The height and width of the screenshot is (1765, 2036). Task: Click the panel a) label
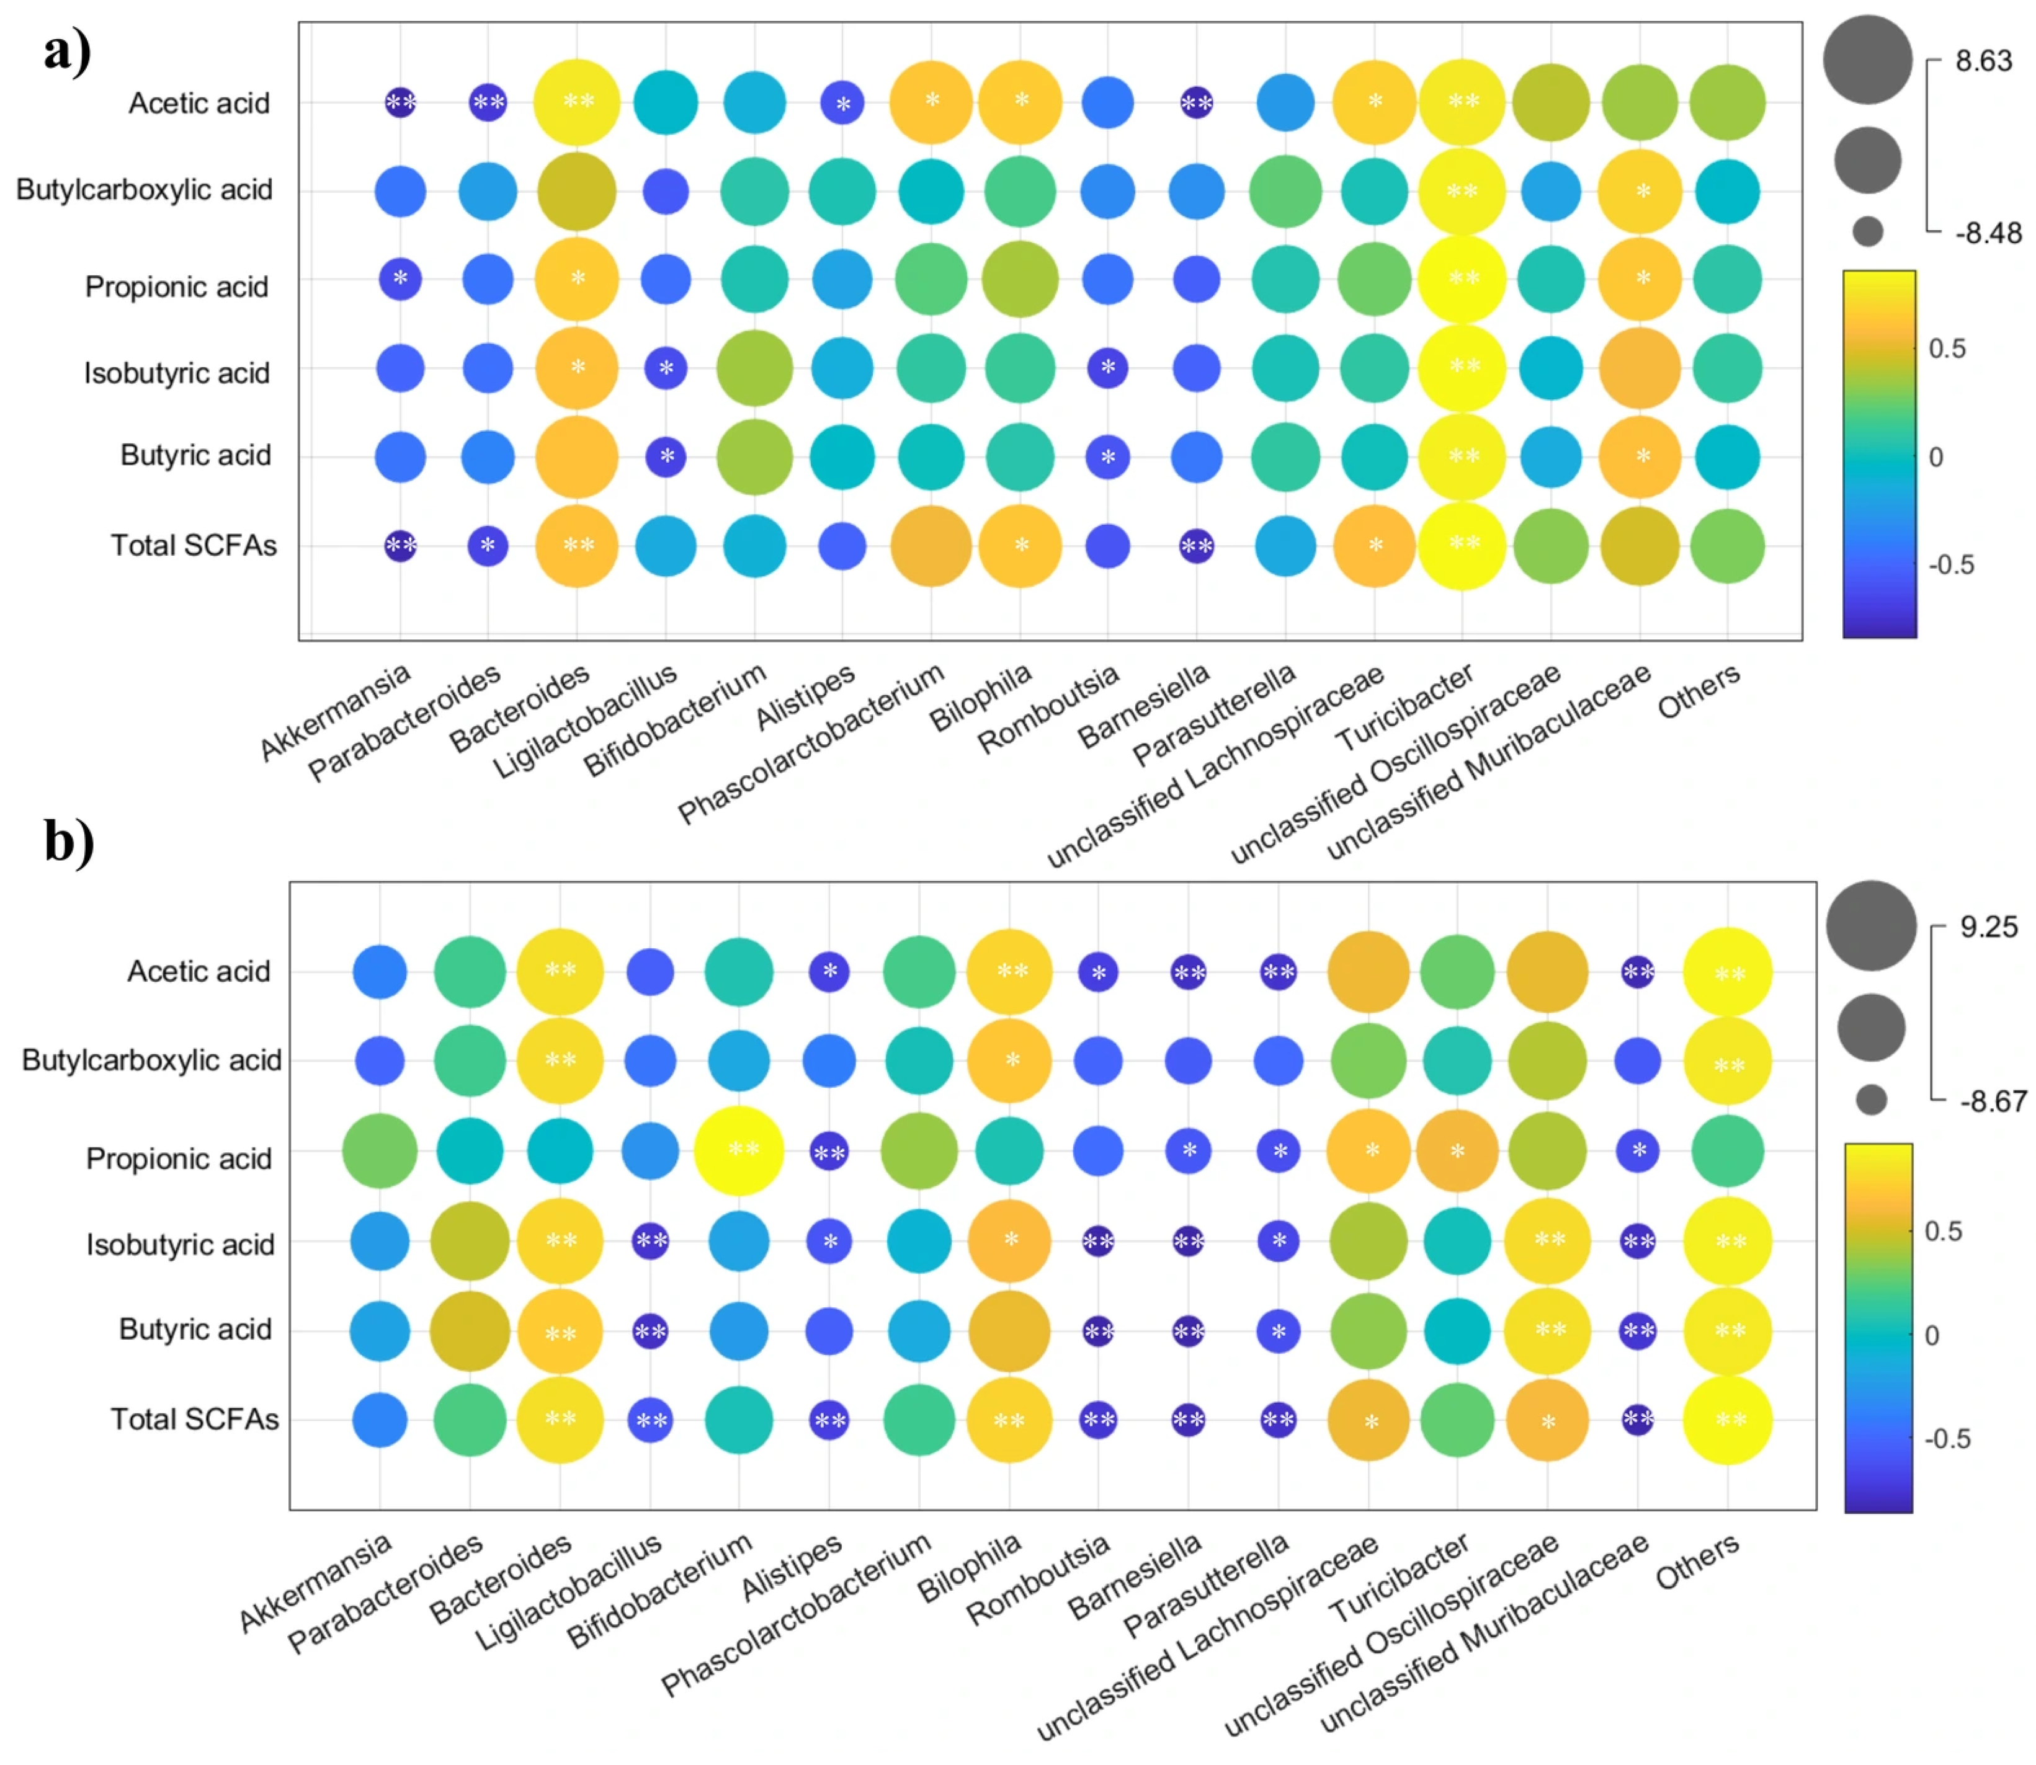pyautogui.click(x=67, y=51)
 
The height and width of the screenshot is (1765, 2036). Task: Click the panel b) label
pyautogui.click(x=69, y=842)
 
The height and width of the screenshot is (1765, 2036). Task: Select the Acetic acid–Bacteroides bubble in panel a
pyautogui.click(x=576, y=102)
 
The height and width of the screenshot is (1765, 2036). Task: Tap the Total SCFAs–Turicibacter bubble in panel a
pyautogui.click(x=1463, y=546)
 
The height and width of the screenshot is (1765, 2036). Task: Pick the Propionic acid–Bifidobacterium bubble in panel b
pyautogui.click(x=739, y=1150)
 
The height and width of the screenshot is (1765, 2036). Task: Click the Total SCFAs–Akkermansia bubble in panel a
pyautogui.click(x=400, y=546)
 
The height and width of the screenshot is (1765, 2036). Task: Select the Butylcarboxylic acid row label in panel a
pyautogui.click(x=144, y=190)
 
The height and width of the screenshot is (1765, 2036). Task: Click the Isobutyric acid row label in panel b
pyautogui.click(x=181, y=1245)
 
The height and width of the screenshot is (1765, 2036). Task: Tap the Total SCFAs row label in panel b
pyautogui.click(x=194, y=1420)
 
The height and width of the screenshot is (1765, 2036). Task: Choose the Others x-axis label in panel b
pyautogui.click(x=1697, y=1562)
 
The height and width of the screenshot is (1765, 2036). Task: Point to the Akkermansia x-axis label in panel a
pyautogui.click(x=335, y=711)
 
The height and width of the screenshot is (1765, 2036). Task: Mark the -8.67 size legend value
pyautogui.click(x=1993, y=1101)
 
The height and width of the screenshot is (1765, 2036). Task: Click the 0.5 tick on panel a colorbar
pyautogui.click(x=1947, y=349)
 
